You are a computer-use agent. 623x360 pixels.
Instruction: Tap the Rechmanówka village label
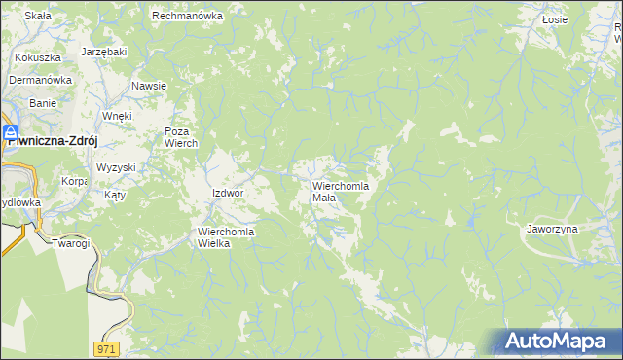188,17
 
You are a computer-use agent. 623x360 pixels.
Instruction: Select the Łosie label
555,18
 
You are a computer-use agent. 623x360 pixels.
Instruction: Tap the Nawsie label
149,86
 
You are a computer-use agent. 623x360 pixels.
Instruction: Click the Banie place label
43,102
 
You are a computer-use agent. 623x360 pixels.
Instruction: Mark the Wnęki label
117,116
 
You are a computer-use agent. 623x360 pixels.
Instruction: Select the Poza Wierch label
181,137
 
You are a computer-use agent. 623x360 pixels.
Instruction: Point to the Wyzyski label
116,167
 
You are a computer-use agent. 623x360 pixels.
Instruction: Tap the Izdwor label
227,193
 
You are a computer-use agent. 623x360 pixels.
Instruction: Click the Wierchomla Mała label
340,191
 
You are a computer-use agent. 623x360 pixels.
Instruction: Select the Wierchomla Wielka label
226,237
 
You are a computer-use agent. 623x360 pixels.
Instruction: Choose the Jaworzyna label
552,229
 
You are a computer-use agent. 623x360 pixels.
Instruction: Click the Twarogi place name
70,243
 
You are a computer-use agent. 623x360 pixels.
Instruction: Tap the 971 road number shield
107,348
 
